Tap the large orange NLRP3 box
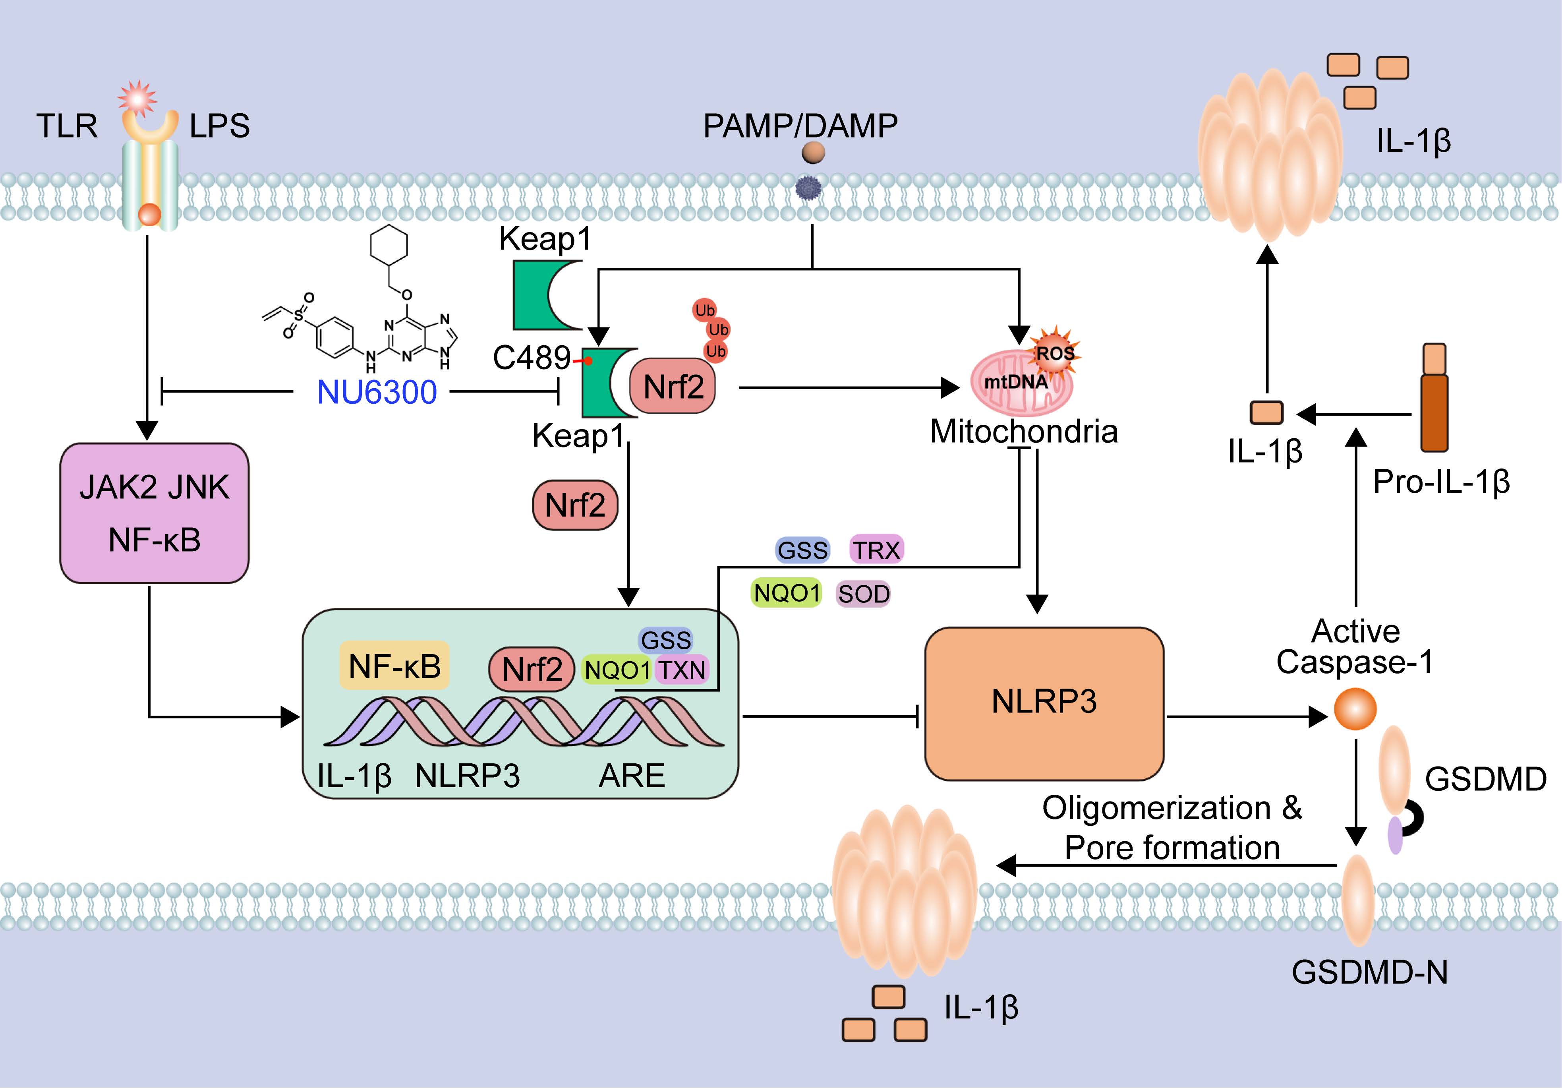[1044, 702]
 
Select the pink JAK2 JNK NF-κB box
[155, 513]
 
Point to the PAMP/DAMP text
[800, 126]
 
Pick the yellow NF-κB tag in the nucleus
[394, 666]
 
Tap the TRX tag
[877, 550]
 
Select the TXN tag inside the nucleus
[682, 670]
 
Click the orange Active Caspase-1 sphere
[1355, 709]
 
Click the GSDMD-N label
[1369, 972]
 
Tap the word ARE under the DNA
[631, 776]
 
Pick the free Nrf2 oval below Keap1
[575, 505]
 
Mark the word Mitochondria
[1023, 432]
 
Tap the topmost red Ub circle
[705, 310]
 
